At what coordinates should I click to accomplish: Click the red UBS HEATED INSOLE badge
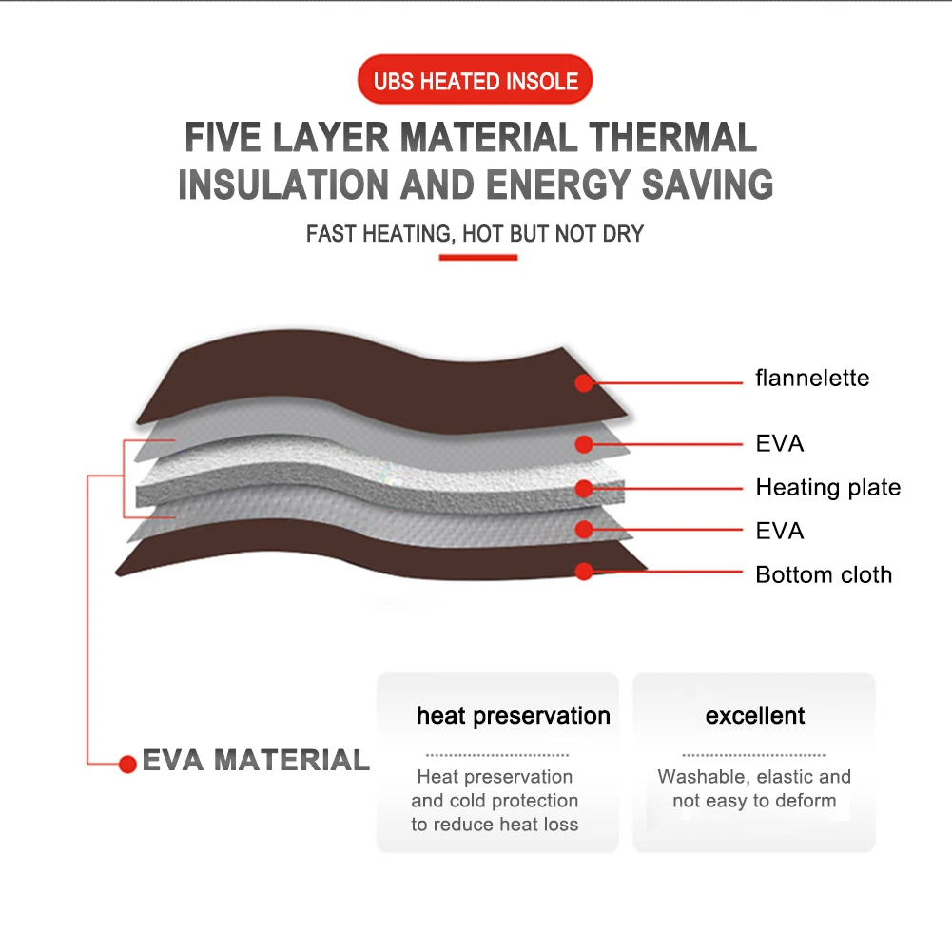[x=476, y=80]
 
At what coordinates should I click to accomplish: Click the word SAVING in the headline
[x=708, y=185]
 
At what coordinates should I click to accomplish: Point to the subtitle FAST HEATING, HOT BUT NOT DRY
[x=476, y=233]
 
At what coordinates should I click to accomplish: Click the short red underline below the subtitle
[x=478, y=257]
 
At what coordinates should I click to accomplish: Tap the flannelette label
[x=812, y=379]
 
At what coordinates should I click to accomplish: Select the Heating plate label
[x=827, y=488]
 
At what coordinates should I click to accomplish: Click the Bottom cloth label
[x=824, y=574]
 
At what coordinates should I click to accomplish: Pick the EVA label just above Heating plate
[x=780, y=443]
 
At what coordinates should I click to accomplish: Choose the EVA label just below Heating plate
[x=780, y=531]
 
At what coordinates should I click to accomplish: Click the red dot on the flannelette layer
[x=585, y=383]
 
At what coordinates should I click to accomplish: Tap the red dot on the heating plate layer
[x=585, y=489]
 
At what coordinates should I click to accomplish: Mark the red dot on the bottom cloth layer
[x=585, y=572]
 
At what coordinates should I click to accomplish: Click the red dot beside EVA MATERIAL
[x=127, y=764]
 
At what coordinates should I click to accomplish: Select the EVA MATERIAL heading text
[x=256, y=761]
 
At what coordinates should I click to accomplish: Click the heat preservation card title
[x=514, y=716]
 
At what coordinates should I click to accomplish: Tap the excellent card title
[x=755, y=716]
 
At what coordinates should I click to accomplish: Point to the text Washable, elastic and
[x=754, y=777]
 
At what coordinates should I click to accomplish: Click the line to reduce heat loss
[x=495, y=825]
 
